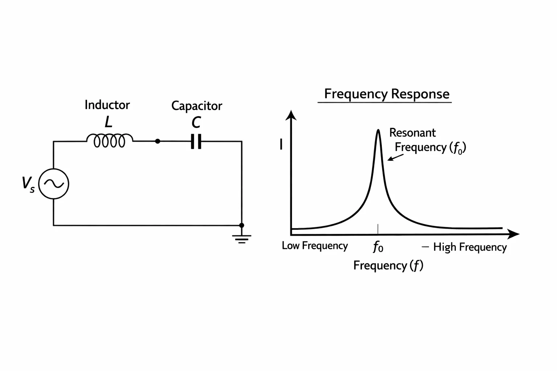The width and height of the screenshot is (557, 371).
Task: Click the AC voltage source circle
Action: pos(54,169)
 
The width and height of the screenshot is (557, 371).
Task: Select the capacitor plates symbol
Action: pos(196,141)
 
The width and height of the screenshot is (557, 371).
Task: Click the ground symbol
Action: pos(242,239)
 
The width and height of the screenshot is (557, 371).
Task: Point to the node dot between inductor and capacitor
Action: pos(158,141)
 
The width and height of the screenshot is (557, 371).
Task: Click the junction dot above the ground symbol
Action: pos(242,225)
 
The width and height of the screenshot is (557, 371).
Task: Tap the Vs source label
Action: pos(28,184)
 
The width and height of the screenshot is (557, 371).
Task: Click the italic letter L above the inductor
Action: pos(108,122)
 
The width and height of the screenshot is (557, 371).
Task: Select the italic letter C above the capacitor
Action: pos(196,122)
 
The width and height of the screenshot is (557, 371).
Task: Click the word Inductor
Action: pos(107,105)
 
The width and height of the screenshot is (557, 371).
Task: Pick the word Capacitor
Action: pos(197,106)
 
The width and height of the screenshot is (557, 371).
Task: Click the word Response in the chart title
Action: pos(420,95)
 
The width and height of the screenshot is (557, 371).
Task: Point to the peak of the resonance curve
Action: pos(378,130)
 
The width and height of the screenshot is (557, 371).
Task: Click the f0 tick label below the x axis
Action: pos(378,247)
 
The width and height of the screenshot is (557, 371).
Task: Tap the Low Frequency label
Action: pos(315,246)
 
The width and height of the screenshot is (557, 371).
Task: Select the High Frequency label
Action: pos(470,247)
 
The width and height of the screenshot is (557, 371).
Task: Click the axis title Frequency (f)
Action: pos(388,266)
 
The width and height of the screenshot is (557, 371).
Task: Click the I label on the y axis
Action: pos(281,144)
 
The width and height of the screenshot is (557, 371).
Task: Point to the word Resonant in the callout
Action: pos(413,133)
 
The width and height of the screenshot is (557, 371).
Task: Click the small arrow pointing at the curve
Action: pos(396,158)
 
